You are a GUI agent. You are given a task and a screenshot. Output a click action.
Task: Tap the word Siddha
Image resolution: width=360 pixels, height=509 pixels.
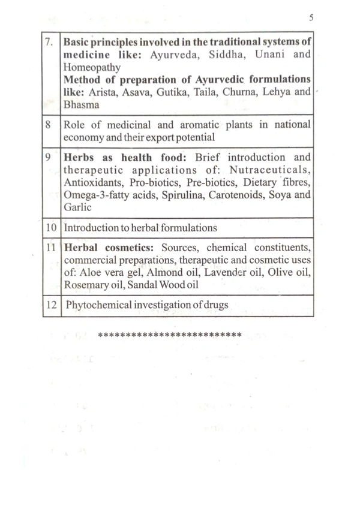tap(230, 55)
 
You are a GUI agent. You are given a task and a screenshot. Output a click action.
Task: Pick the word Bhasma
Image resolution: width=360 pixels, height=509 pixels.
tap(80, 104)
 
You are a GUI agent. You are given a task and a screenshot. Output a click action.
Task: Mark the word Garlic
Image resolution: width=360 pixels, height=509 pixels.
tap(76, 207)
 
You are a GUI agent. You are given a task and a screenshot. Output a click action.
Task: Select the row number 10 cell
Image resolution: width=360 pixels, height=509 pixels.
tap(50, 228)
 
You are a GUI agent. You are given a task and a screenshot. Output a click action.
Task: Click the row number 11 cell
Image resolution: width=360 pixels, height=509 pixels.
tap(50, 248)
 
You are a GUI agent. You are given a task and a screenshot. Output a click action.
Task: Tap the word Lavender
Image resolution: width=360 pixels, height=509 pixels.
tap(226, 273)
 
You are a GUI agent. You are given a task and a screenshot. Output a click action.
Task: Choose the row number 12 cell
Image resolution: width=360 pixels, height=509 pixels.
tap(50, 305)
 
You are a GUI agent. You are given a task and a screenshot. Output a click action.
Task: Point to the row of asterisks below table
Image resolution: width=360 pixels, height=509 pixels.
tap(169, 333)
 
